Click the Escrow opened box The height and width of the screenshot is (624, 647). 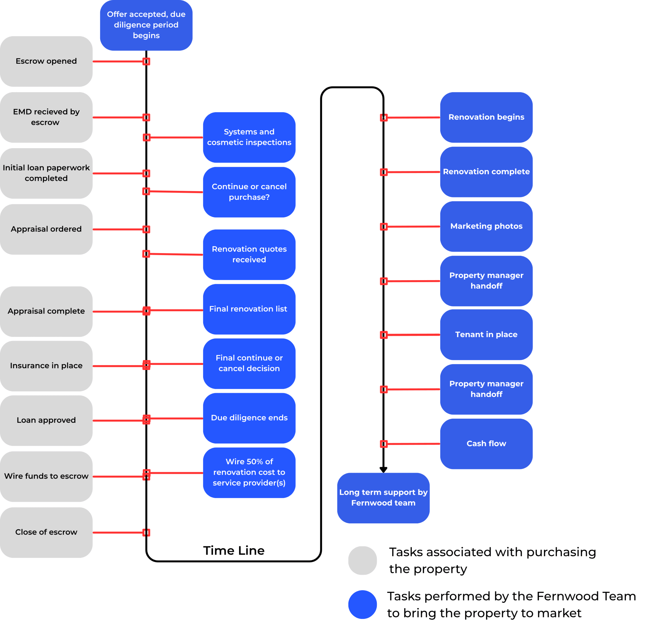pos(46,61)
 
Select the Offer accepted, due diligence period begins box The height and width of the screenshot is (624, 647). pos(146,25)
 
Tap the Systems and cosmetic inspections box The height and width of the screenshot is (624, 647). pos(249,137)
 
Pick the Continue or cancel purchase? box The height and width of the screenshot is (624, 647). pos(249,192)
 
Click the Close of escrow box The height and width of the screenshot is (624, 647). pos(46,532)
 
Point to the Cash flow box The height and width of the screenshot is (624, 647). pos(486,444)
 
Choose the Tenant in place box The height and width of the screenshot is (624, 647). pos(486,335)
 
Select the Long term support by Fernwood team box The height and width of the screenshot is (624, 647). pos(383,498)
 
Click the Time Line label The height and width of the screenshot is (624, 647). pos(234,551)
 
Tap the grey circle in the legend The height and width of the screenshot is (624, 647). pos(362,561)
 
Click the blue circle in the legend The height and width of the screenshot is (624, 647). pos(362,605)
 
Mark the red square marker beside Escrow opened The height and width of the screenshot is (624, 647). pos(146,61)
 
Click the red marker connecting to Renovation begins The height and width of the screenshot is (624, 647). pos(384,118)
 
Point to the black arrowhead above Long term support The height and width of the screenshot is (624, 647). pos(383,470)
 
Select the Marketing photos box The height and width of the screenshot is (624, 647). pos(486,227)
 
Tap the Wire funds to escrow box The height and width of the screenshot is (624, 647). pos(46,476)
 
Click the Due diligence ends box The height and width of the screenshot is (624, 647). pos(249,418)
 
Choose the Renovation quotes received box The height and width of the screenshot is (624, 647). pos(249,255)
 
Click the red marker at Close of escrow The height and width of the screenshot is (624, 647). pos(146,532)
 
